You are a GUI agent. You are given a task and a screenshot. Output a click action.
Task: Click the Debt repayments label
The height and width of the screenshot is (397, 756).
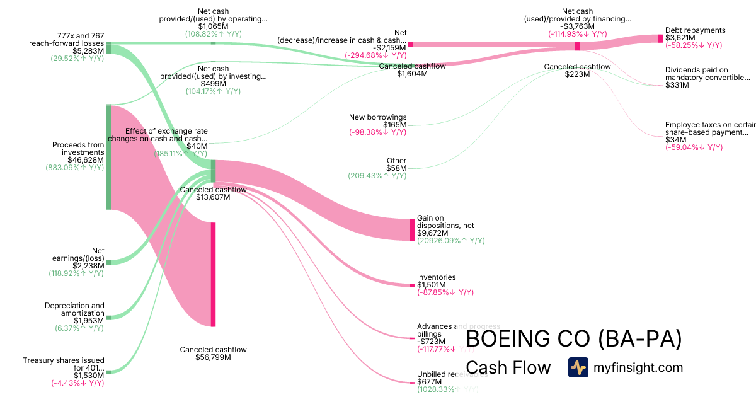[695, 30]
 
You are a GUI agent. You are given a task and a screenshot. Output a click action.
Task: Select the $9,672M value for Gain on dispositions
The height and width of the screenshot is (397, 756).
[432, 233]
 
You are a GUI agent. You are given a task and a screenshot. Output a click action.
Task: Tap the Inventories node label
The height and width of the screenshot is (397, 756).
[436, 277]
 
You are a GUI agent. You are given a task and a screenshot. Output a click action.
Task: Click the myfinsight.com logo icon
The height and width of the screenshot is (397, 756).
[578, 367]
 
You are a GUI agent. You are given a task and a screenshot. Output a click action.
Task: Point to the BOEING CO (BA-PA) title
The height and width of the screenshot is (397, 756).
[573, 339]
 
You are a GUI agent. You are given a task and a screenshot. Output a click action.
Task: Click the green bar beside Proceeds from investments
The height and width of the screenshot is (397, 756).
[108, 157]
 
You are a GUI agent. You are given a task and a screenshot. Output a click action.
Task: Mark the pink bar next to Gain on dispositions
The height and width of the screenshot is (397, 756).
[413, 229]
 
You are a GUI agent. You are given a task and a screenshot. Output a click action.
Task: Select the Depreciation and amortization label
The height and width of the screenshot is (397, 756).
[74, 309]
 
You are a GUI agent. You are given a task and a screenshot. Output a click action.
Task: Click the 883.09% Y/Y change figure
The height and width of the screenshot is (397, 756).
[74, 168]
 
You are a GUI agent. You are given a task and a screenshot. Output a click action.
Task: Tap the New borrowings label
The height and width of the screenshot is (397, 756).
[377, 117]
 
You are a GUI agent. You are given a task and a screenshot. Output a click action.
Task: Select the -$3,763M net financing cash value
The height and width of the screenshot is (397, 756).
[577, 26]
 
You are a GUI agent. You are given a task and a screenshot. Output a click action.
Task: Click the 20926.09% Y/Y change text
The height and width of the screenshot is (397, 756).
[450, 241]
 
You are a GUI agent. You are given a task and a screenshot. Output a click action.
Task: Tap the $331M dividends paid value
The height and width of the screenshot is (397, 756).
[677, 85]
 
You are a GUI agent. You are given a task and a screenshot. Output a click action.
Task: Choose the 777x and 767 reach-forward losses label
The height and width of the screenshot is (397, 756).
[66, 39]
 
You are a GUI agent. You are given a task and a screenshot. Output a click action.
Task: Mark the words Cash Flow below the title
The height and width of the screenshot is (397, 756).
[508, 367]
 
